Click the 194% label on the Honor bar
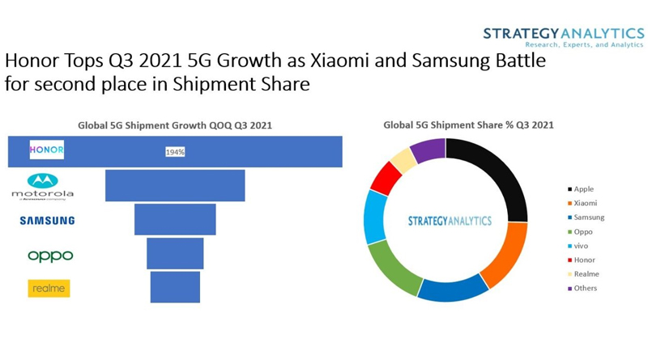[175, 152]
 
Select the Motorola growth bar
[175, 185]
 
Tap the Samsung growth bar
[175, 219]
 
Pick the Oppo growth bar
[175, 253]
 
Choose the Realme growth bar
[175, 287]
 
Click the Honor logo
[47, 150]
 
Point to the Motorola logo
[43, 186]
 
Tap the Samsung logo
[47, 220]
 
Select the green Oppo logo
[50, 256]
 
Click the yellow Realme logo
[49, 288]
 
